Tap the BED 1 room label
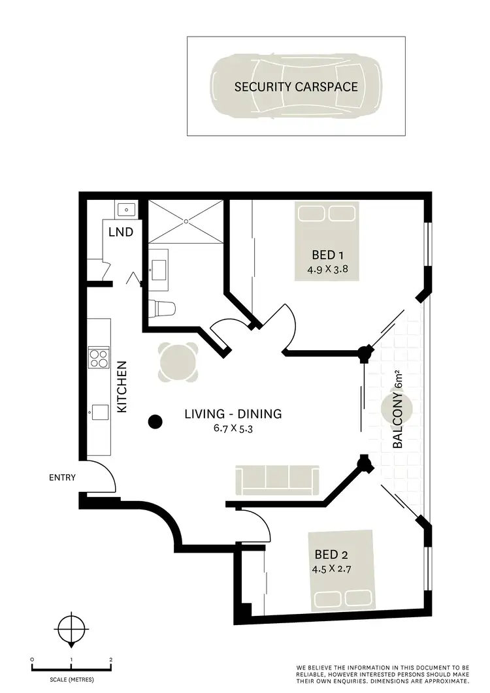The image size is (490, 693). pos(327,255)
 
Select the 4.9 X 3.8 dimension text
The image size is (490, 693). pos(327,268)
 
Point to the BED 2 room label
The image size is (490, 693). pos(332,555)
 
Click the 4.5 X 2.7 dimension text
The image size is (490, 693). pos(332,568)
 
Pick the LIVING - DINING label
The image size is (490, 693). pos(233,413)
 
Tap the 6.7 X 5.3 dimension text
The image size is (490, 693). pos(233,428)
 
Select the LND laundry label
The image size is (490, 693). pos(121,232)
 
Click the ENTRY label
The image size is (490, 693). pos(62,477)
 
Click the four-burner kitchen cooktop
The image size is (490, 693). pos(99,358)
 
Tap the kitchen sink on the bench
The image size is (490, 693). pos(99,412)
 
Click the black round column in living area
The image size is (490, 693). pos(154,422)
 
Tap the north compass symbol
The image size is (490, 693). pos(71,631)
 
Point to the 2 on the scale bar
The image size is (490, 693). pos(112,660)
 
